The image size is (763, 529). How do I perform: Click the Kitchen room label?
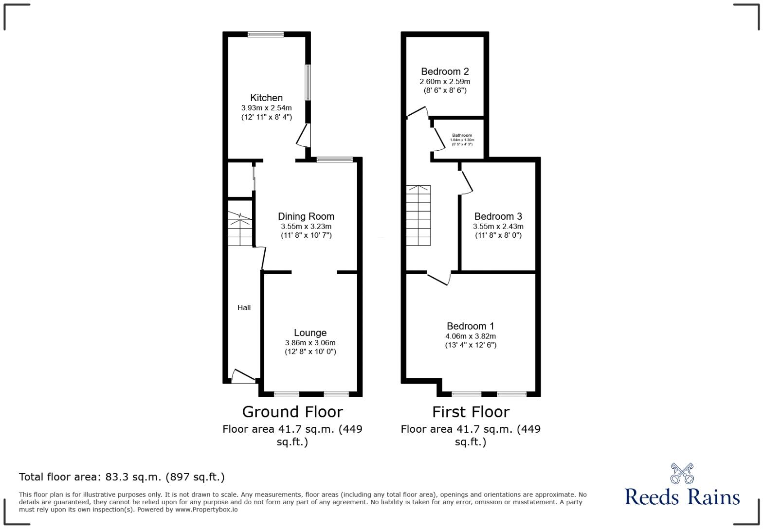(x=266, y=98)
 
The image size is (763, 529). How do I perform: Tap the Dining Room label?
(x=306, y=216)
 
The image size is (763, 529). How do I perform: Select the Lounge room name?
(x=310, y=333)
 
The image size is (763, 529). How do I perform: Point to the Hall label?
(x=244, y=307)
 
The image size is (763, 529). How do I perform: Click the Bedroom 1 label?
(x=470, y=326)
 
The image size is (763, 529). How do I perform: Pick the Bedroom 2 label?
(x=445, y=71)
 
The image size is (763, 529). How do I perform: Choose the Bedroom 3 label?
(x=498, y=216)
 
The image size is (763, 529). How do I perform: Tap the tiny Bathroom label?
(x=462, y=135)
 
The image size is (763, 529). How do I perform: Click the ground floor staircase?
(x=240, y=229)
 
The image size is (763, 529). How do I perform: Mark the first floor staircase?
(x=418, y=215)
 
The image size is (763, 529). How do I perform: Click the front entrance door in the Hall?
(x=243, y=377)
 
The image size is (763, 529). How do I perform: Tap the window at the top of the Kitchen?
(x=265, y=34)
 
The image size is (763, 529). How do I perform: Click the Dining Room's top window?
(x=334, y=159)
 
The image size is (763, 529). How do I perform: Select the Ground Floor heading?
(x=292, y=412)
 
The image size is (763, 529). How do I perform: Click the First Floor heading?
(x=471, y=412)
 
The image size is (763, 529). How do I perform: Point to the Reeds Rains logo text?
(x=682, y=497)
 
